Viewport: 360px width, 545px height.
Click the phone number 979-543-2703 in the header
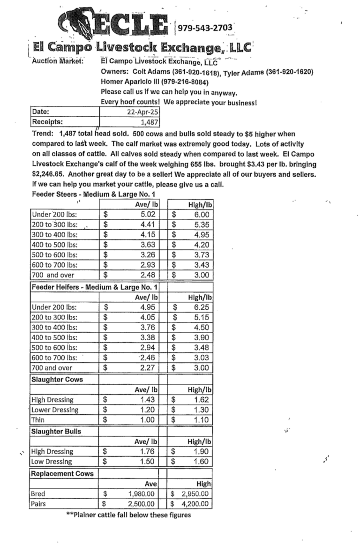(x=205, y=28)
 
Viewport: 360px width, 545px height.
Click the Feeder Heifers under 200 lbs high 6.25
(x=201, y=307)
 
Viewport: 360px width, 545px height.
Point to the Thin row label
(x=38, y=420)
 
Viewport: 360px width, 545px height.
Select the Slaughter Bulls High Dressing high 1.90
(x=201, y=452)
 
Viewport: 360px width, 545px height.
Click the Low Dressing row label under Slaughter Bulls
(x=52, y=462)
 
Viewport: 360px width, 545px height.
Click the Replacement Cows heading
(x=62, y=473)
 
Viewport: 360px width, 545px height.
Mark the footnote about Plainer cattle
(x=129, y=515)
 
